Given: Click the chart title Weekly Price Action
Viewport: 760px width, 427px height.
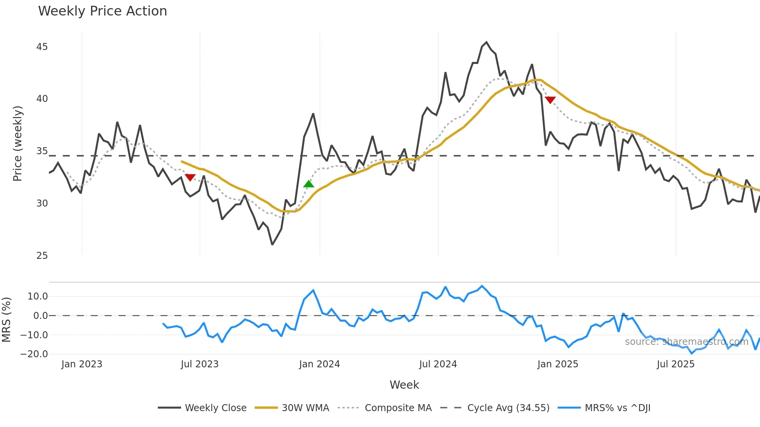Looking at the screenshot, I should pos(102,11).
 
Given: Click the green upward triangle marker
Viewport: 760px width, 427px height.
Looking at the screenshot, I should pos(309,184).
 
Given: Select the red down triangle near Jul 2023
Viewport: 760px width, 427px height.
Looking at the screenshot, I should pos(190,177).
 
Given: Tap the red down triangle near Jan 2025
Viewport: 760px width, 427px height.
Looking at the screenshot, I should pos(550,100).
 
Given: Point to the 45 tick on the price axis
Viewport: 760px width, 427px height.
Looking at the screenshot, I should pos(42,47).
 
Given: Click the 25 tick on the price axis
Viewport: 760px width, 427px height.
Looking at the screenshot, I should pos(42,256).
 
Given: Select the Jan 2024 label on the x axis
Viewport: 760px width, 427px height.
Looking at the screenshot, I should pos(320,364).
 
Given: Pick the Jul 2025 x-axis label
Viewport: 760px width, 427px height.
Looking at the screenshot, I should pos(675,364).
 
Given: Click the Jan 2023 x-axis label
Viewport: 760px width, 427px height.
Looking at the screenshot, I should pos(82,364).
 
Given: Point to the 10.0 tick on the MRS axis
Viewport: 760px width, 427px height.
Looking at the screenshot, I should pos(38,296).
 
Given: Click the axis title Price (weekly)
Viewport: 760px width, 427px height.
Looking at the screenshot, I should pos(18,143).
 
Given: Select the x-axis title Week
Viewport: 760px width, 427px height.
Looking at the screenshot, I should pos(404,385).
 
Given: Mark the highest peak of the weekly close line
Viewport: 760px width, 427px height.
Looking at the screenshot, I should pos(486,42).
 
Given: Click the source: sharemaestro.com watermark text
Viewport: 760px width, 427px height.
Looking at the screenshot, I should pos(686,342).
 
